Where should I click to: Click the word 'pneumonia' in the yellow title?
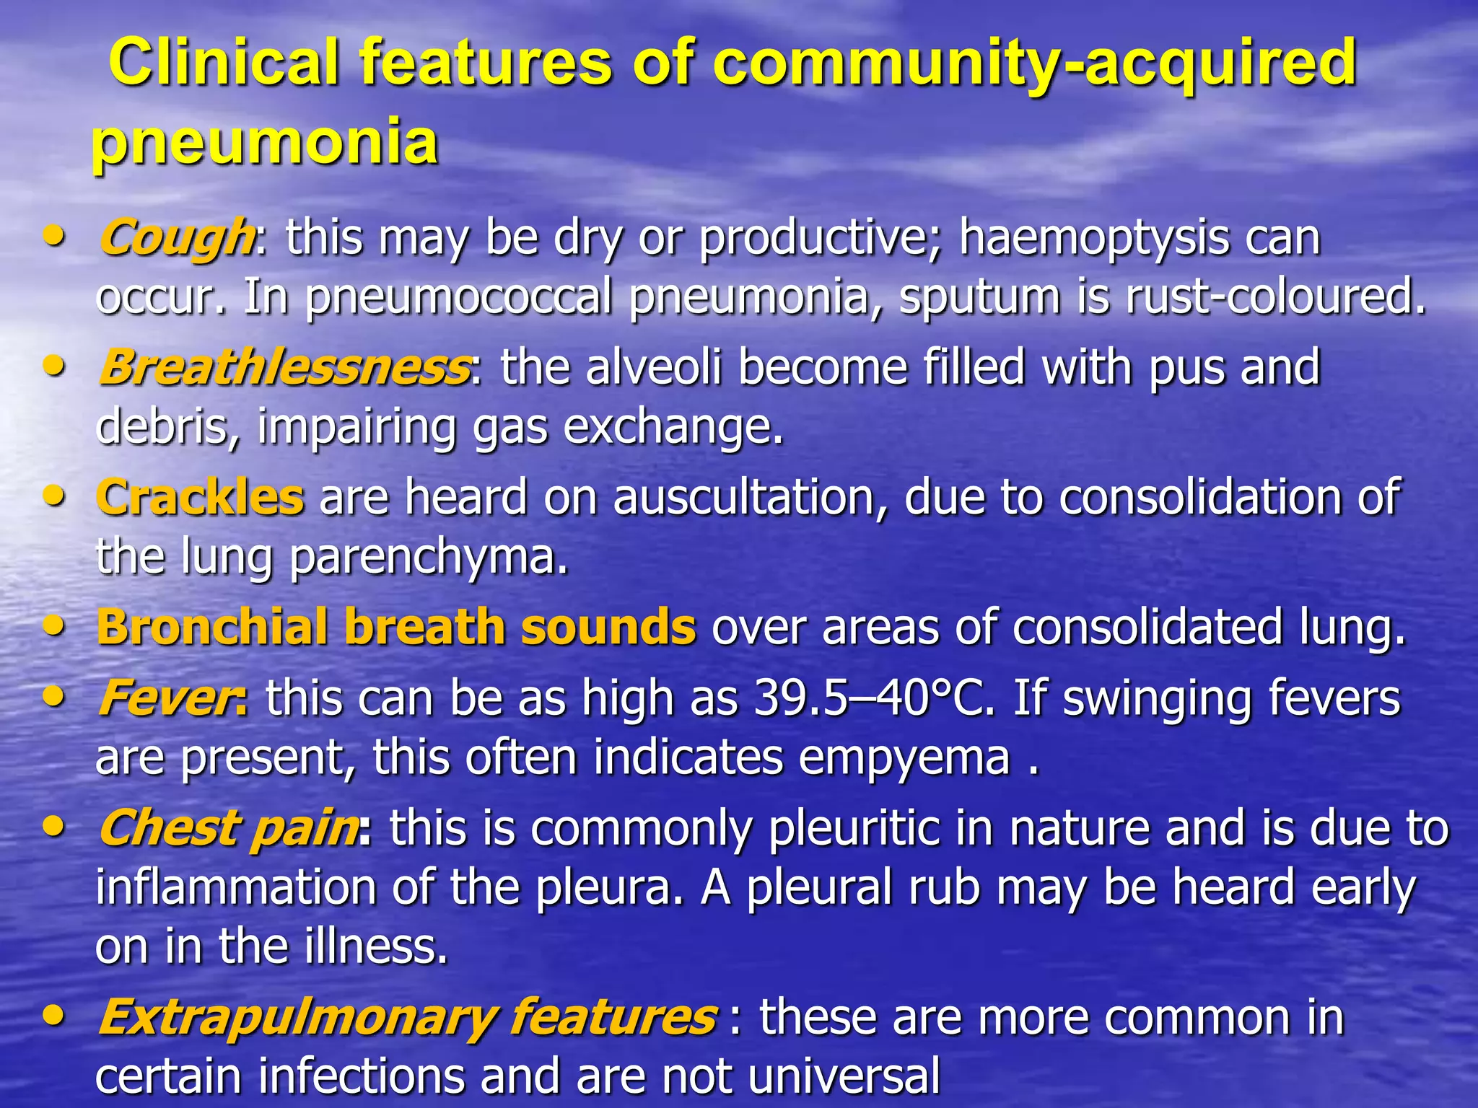pos(265,141)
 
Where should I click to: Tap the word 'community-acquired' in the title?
pos(1035,63)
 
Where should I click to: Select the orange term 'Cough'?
pos(175,237)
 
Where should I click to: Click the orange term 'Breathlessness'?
pos(284,367)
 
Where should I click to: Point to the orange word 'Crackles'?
pos(200,497)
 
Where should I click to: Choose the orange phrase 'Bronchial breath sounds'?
pos(396,626)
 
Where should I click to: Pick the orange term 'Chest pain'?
pos(229,828)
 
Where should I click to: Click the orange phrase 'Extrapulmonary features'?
pos(407,1017)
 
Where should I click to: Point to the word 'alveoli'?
pos(654,367)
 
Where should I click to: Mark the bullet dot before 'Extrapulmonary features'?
pos(53,1015)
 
